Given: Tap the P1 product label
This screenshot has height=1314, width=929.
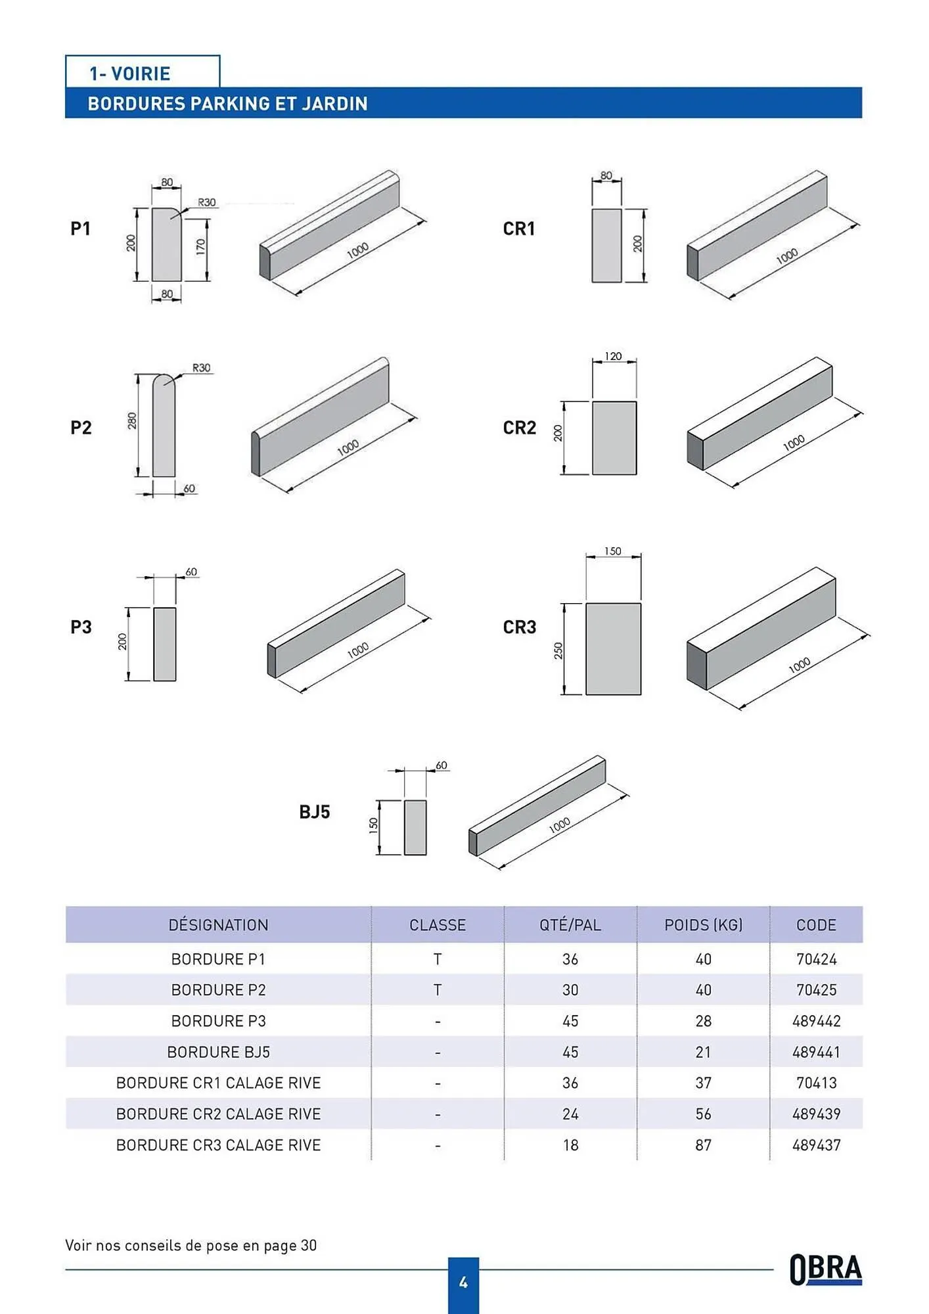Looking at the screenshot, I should coord(80,229).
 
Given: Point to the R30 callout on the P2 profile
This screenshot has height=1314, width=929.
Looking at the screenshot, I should coord(201,368).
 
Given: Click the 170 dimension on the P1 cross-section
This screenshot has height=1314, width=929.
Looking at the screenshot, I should coord(200,247).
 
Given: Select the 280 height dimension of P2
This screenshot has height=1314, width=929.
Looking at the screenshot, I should coord(131,420).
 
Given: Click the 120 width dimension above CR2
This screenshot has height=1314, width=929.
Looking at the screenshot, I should coord(612,356).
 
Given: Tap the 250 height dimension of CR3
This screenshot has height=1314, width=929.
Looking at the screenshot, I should coord(558,650).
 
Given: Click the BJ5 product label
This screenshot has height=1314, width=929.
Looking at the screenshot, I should coord(314,812).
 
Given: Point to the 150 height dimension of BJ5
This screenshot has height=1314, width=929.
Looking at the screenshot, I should coord(373,826).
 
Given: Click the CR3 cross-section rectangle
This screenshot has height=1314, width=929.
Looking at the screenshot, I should coord(613,649).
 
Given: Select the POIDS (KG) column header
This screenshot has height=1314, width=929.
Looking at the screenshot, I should coord(703,925).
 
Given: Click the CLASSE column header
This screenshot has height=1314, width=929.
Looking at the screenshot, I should coord(438,925).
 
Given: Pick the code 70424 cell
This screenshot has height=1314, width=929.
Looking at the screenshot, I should coord(816,959).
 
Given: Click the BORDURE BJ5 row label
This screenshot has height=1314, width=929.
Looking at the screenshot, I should coord(218,1053).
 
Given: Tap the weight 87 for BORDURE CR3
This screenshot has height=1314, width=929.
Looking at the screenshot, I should coord(703,1145).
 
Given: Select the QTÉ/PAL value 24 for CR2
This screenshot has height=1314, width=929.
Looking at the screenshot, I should coord(570,1114).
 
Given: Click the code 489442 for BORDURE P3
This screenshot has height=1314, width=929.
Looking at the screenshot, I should coord(816,1021).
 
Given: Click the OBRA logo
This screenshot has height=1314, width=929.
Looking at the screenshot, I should coord(825,1269).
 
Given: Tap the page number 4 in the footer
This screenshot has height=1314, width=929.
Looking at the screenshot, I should coord(463,1282).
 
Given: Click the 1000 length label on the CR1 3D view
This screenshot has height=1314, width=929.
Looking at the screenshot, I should coord(786,256).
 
